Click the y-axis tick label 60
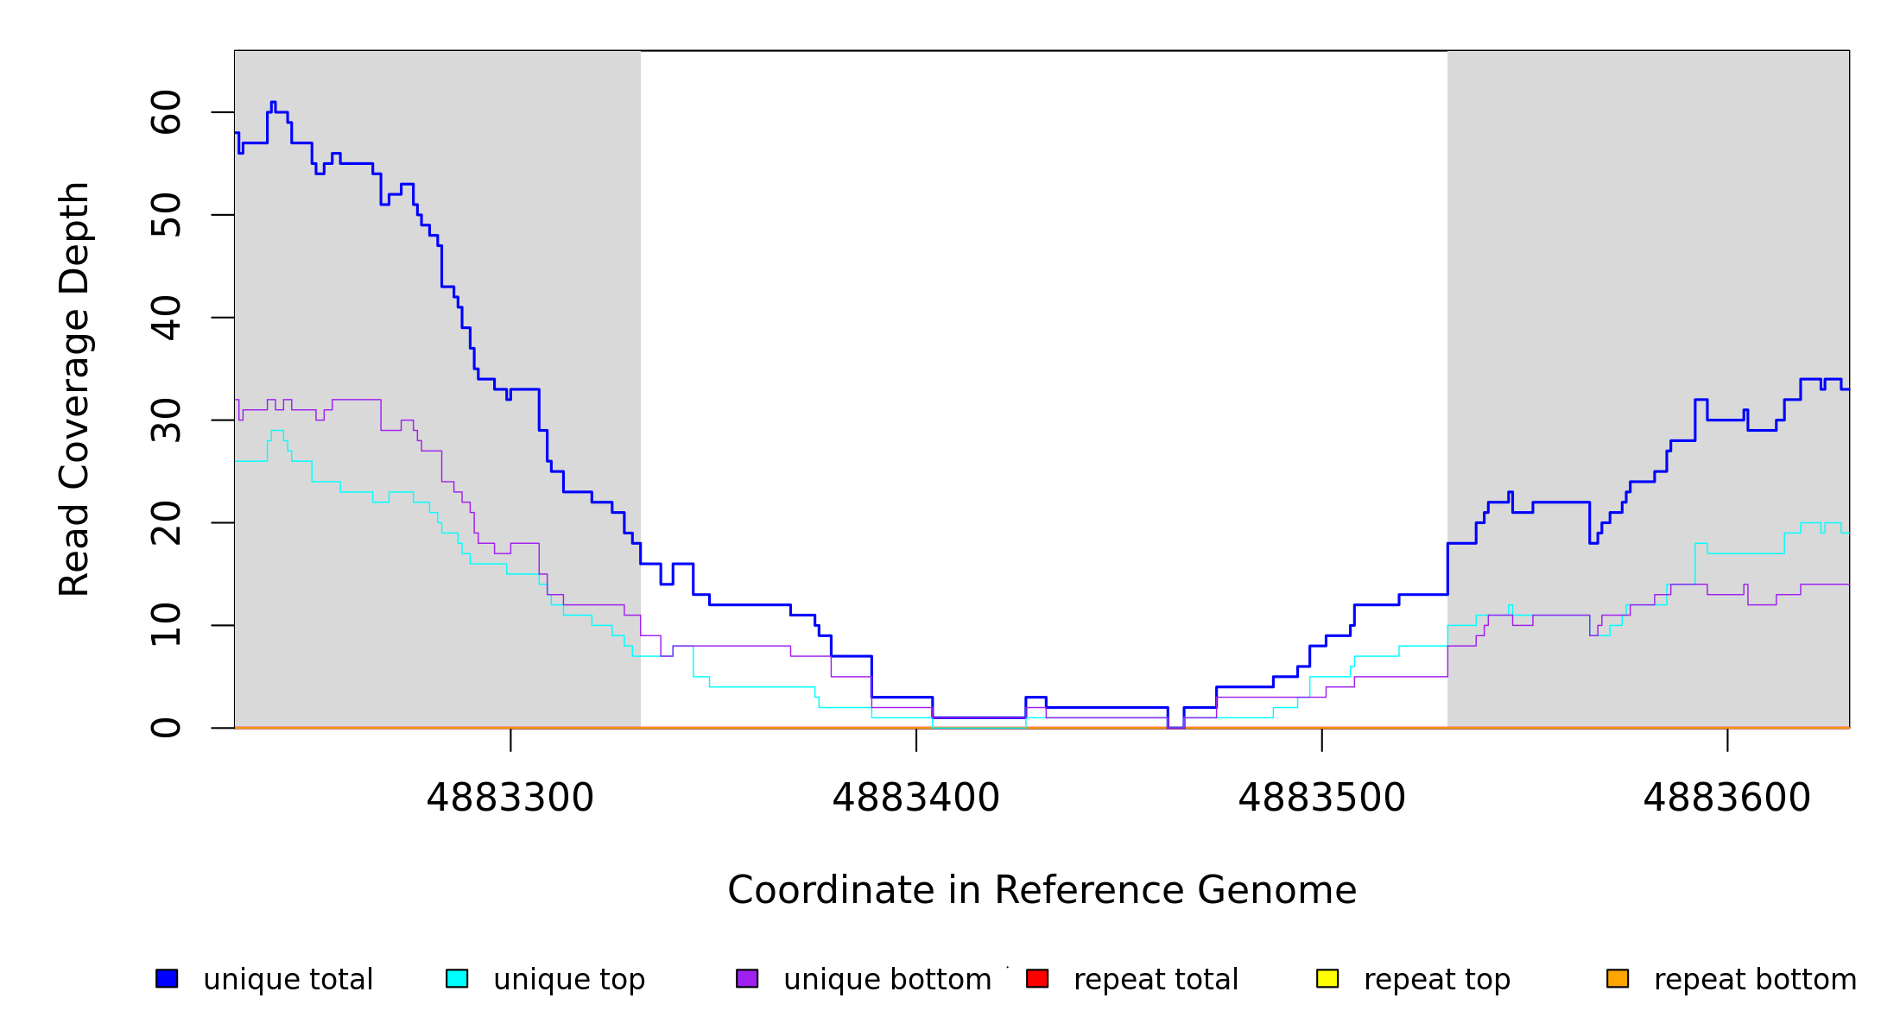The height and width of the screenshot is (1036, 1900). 166,112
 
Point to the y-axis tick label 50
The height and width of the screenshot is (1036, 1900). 166,215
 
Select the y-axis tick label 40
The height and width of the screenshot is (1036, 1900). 166,318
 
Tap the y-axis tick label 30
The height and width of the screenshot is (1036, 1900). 166,420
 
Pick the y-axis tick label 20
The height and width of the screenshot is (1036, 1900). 166,522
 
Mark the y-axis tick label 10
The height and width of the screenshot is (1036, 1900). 166,625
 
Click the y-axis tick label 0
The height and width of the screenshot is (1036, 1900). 166,728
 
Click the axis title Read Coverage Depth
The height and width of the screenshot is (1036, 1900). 74,388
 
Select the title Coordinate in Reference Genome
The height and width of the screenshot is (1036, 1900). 1042,891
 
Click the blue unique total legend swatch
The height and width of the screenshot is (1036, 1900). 167,979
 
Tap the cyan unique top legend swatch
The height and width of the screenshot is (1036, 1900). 457,979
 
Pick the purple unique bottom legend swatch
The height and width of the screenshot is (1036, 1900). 747,979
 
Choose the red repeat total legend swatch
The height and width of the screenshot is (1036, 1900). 1037,979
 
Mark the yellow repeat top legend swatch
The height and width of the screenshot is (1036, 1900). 1327,979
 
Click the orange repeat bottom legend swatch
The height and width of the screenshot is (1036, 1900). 1618,979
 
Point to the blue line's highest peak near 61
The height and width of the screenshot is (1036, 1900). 273,103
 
